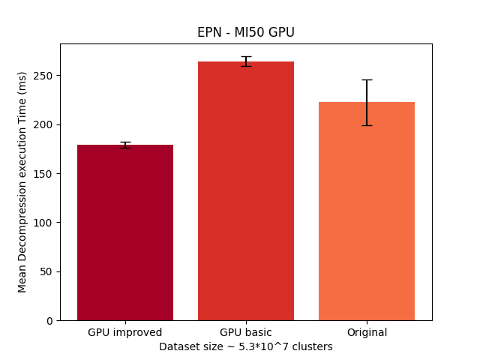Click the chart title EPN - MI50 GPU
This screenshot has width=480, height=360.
(245, 32)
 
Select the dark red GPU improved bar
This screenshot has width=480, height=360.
(125, 232)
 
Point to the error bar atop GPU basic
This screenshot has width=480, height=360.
(246, 61)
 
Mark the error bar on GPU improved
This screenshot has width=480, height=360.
(125, 145)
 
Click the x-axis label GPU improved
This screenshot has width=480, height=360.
(125, 332)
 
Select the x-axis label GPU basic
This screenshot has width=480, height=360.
(246, 332)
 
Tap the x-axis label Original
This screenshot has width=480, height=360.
(367, 332)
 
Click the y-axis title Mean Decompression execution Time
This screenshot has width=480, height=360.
(22, 181)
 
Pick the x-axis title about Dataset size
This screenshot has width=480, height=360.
(245, 346)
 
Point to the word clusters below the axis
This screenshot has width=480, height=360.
(313, 346)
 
